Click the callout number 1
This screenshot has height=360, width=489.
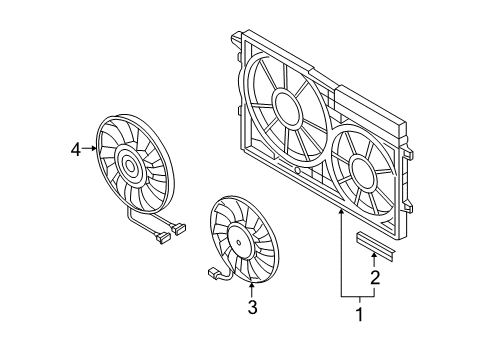[359, 314]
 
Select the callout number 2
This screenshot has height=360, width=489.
[375, 277]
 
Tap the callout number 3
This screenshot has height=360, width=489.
[252, 307]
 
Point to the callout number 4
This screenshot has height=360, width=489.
[76, 149]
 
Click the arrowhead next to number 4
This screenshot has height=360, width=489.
[94, 149]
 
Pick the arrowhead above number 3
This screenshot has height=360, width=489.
[252, 285]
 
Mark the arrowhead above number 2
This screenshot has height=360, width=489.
[374, 256]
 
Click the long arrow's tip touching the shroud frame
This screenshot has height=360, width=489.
[341, 210]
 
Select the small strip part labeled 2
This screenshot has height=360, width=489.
[376, 246]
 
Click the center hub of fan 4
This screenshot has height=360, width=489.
[129, 165]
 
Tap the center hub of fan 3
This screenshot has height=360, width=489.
[239, 243]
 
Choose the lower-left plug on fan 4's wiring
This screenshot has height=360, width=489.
[162, 238]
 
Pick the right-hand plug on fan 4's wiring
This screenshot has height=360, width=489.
[178, 229]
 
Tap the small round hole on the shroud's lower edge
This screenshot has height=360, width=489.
[297, 171]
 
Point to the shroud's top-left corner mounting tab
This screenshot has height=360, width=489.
[236, 38]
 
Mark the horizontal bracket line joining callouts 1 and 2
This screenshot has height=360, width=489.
[358, 296]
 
